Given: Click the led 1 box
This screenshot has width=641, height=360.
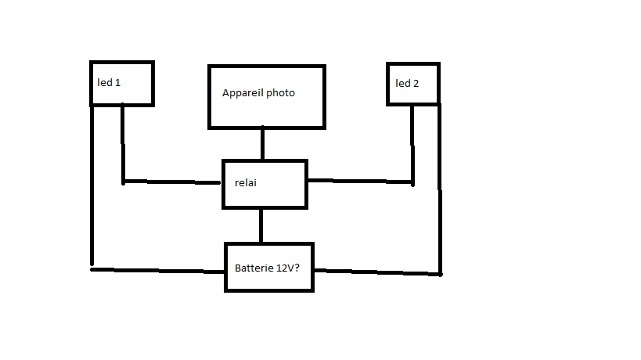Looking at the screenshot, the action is coord(122,83).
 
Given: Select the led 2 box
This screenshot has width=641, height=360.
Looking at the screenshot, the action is coord(413,83).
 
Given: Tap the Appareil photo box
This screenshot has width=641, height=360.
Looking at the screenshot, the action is coord(266,97).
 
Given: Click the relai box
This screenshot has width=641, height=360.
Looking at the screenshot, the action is coord(265,184).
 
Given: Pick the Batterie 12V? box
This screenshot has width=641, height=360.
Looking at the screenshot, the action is coord(269,267).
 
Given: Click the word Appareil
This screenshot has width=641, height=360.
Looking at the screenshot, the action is coord(243,93).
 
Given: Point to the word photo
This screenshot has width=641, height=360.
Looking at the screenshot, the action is coord(280,93).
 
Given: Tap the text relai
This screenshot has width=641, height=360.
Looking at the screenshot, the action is coord(247,183).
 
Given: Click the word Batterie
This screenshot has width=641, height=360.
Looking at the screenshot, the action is coord(253,268).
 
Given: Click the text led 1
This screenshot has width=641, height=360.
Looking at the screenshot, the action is coord(109,82).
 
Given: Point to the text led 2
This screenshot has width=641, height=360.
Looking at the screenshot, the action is coord(407,82).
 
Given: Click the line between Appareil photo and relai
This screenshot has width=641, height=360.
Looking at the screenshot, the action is coord(262,144).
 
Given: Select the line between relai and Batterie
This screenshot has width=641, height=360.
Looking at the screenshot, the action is coord(261,225).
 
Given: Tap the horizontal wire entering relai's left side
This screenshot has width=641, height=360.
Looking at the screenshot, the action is coord(172,182).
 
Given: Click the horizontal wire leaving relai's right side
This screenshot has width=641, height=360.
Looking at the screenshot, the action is coord(360,182).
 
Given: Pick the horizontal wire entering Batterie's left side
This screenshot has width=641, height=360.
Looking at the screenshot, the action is coord(157,270).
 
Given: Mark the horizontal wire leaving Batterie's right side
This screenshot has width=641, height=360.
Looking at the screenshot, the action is coord(376,272).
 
